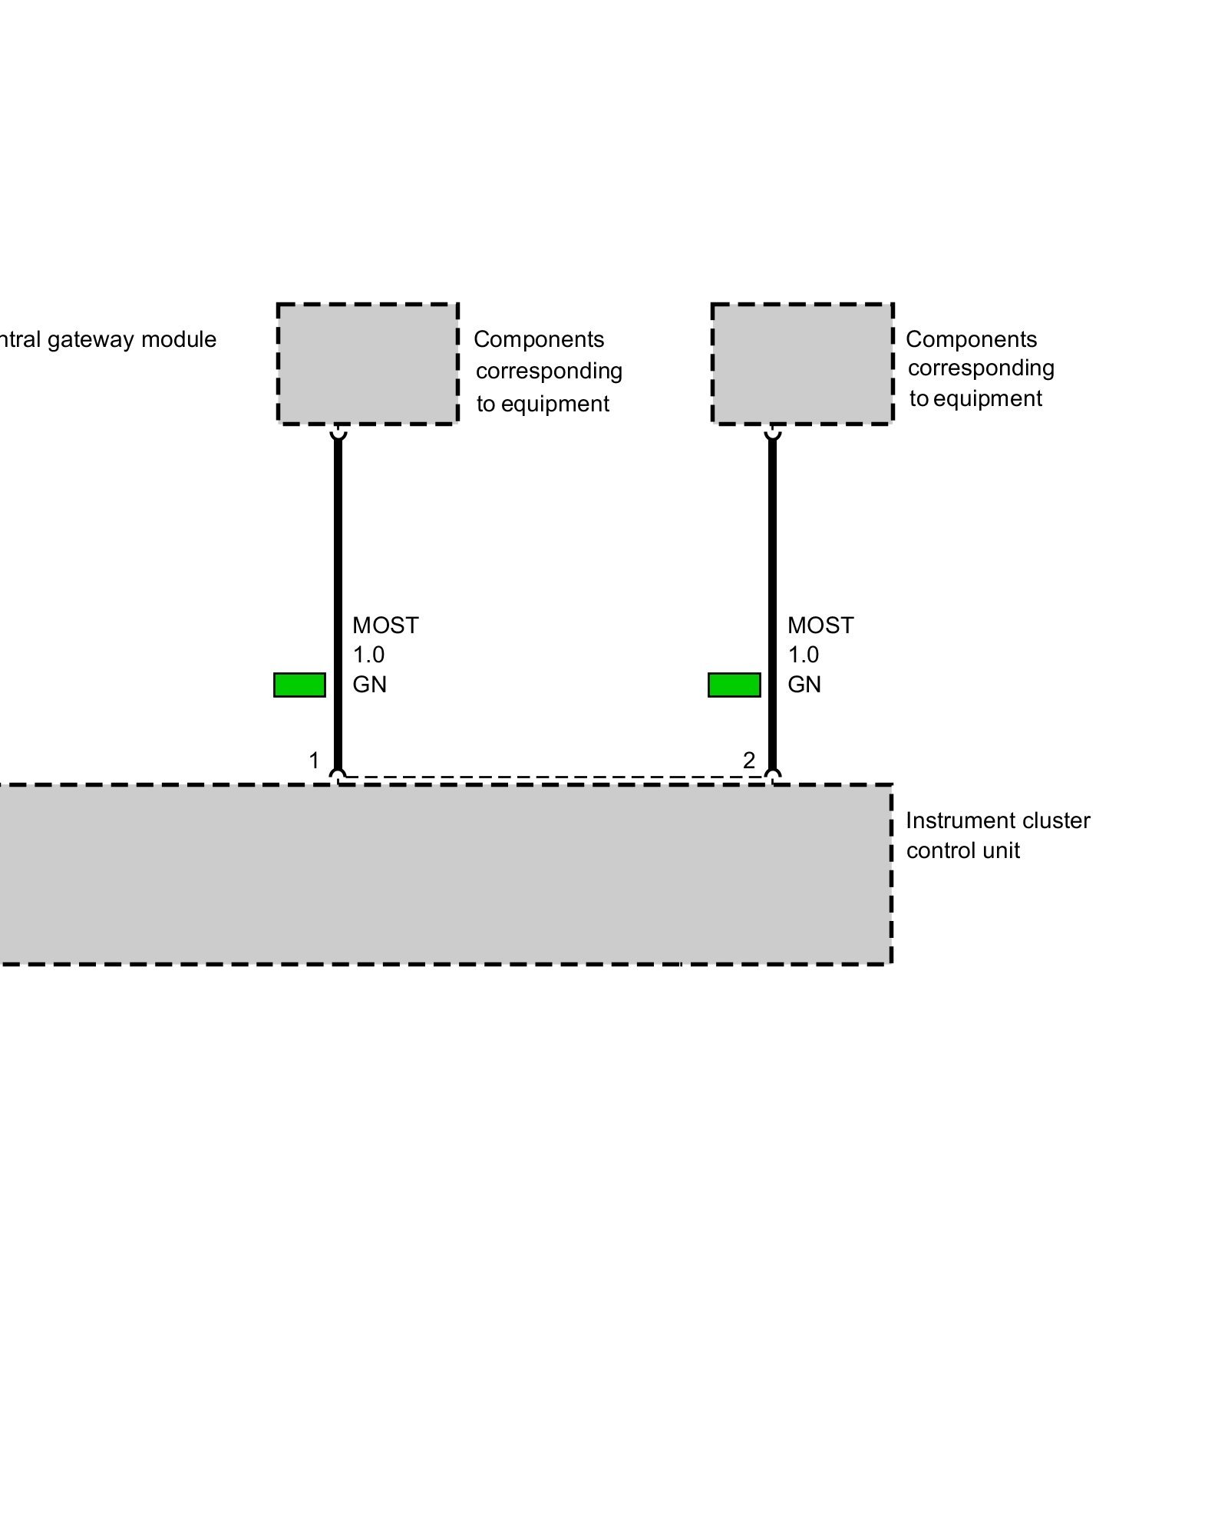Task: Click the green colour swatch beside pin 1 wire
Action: coord(299,685)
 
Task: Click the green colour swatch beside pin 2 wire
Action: coord(734,685)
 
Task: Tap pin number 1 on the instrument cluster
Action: coord(314,761)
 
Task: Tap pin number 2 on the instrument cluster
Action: coord(749,761)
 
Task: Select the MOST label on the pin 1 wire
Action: coord(385,626)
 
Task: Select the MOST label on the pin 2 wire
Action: coord(820,626)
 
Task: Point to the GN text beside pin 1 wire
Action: coord(369,685)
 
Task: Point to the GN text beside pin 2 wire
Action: coord(804,685)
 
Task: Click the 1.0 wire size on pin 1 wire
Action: coord(368,655)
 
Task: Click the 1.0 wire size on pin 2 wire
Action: coord(804,655)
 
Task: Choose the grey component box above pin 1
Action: coord(368,364)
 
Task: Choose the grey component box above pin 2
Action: coord(802,364)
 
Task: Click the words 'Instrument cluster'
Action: coord(998,820)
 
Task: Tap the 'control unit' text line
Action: coord(963,850)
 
